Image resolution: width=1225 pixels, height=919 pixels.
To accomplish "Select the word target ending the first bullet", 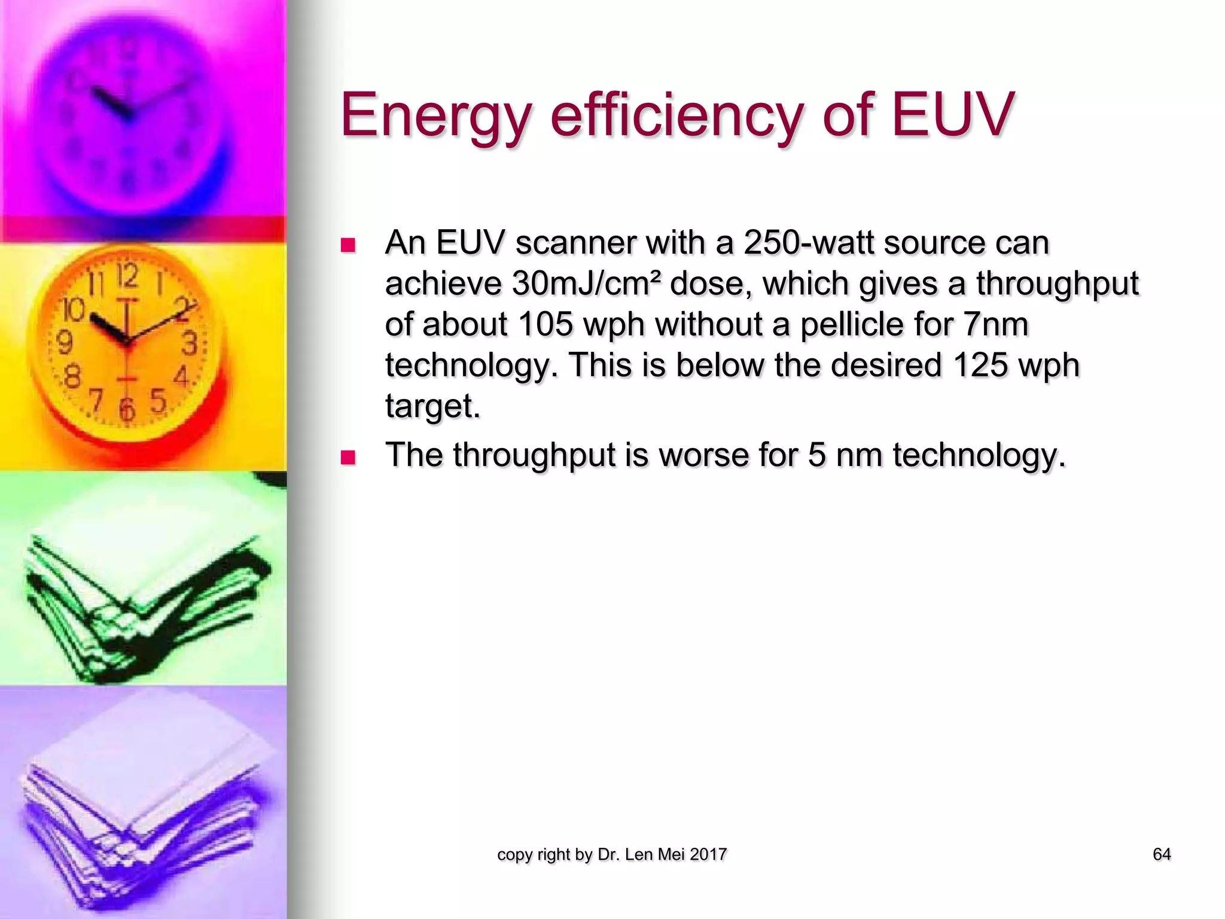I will click(x=432, y=406).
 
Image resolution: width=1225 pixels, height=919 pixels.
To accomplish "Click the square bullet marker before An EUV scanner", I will click(x=348, y=245).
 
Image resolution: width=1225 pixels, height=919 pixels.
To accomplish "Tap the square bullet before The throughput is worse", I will click(x=348, y=458).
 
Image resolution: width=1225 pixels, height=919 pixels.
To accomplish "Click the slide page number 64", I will click(x=1161, y=854).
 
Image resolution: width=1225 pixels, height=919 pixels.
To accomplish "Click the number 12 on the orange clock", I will click(x=127, y=277).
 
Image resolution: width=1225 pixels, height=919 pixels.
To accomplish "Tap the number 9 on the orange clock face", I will click(x=64, y=343).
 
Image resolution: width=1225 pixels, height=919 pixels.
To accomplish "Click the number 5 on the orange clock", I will click(x=157, y=400).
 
